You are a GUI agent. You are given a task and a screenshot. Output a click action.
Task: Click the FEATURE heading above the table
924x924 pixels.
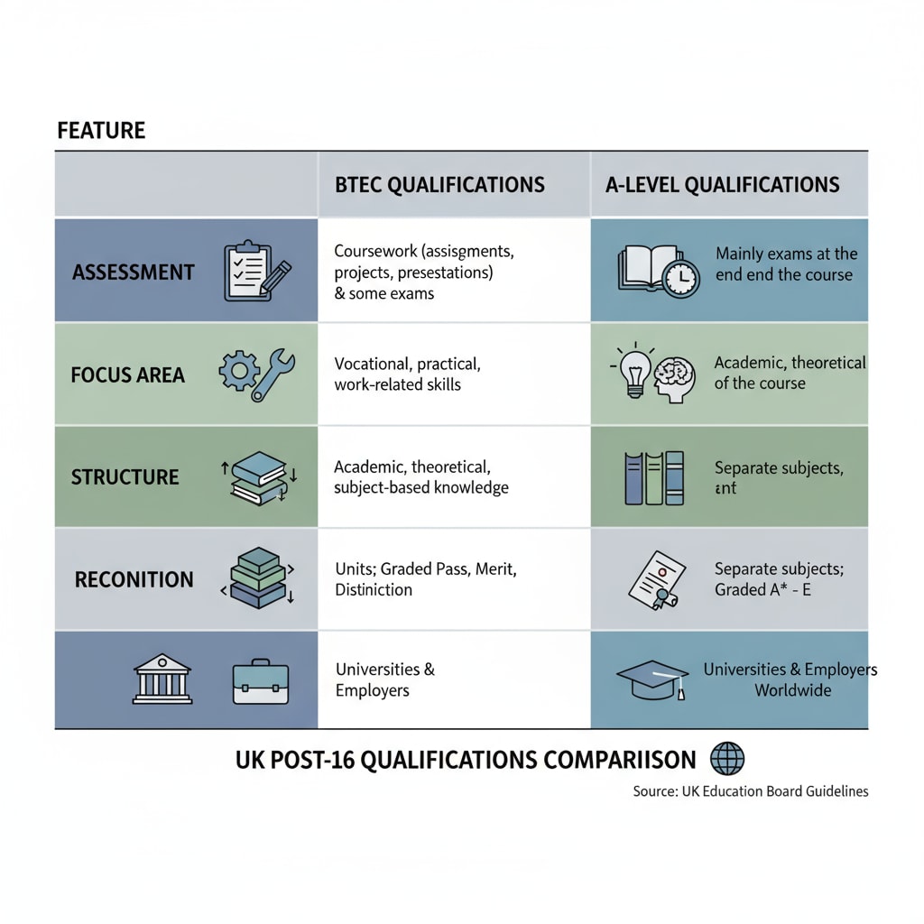pyautogui.click(x=101, y=130)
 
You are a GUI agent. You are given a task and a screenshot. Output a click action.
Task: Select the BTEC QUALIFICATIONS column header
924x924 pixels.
pyautogui.click(x=439, y=185)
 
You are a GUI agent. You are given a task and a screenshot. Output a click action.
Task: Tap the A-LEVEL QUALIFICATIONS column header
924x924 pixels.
pyautogui.click(x=722, y=185)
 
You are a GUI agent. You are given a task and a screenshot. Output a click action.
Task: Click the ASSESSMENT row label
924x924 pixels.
pyautogui.click(x=134, y=272)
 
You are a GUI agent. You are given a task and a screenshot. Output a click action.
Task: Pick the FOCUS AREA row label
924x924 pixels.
pyautogui.click(x=127, y=374)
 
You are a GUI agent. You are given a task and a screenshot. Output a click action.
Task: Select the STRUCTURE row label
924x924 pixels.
pyautogui.click(x=125, y=476)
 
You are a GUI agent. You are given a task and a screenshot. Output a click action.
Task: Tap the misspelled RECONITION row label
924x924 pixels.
pyautogui.click(x=134, y=579)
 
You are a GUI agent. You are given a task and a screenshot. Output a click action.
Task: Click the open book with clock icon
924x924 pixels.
pyautogui.click(x=659, y=270)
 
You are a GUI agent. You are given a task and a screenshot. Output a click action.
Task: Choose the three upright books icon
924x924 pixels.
pyautogui.click(x=653, y=477)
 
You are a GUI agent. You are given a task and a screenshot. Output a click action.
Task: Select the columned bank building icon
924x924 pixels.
pyautogui.click(x=162, y=679)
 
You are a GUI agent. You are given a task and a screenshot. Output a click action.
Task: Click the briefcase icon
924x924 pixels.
pyautogui.click(x=260, y=681)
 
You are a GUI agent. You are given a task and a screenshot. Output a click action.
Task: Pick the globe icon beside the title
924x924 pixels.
pyautogui.click(x=727, y=758)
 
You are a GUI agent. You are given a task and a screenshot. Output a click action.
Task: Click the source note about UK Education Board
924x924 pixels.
pyautogui.click(x=751, y=791)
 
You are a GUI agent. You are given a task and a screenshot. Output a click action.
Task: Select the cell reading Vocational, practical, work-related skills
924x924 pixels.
pyautogui.click(x=407, y=374)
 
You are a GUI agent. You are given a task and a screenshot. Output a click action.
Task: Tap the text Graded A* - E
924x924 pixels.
pyautogui.click(x=764, y=589)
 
